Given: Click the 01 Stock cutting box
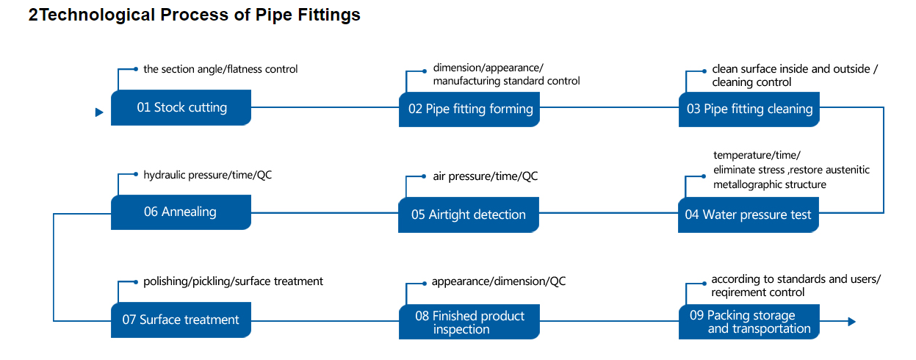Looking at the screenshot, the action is coord(181,107).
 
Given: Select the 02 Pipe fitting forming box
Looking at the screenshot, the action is coord(469,109).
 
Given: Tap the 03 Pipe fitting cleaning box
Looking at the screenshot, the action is coord(749,109).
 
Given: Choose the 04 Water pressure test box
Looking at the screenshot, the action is coord(749,215).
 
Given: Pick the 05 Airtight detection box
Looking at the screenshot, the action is coord(469,215).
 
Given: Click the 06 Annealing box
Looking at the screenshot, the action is coord(181,212).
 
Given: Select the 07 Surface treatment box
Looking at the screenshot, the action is coord(181,320).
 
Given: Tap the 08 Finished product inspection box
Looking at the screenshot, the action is coord(469,322).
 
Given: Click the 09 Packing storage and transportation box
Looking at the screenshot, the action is coord(749,322).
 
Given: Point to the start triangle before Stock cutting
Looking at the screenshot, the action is coord(99,112).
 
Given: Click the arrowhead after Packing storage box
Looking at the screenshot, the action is coord(852,322).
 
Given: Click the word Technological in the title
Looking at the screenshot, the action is coord(97,15).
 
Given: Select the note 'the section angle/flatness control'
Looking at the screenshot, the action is coord(220,69).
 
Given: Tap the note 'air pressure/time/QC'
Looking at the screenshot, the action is coord(486,176).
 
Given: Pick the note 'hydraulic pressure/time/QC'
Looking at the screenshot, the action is coord(207,175).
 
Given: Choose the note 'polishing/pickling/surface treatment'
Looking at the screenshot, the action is coord(233,281).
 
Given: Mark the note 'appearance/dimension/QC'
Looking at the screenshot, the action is coord(499,281).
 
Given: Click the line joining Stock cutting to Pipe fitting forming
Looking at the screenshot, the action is coord(325,107).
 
